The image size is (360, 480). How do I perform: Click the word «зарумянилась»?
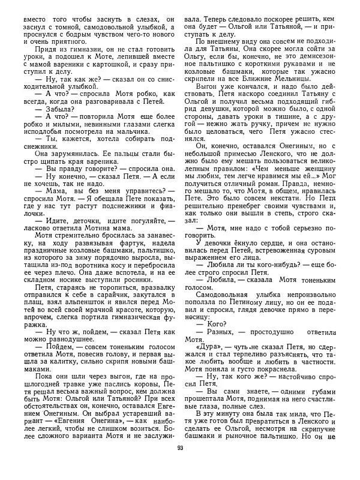click(x=68, y=172)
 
